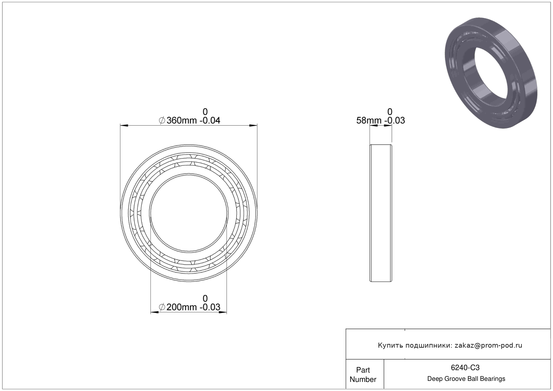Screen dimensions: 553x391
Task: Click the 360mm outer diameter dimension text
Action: click(193, 121)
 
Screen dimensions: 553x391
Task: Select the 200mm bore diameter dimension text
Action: click(193, 307)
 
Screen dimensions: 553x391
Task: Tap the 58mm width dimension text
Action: click(381, 121)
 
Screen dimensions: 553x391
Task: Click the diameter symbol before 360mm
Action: click(162, 121)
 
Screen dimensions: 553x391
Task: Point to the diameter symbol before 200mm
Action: click(162, 307)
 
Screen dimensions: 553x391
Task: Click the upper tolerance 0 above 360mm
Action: click(205, 112)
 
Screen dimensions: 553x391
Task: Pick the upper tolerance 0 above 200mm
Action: click(205, 298)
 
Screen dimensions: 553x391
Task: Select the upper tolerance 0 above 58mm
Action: click(390, 112)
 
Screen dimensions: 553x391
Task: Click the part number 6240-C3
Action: click(465, 367)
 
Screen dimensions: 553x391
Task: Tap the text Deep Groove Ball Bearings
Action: click(466, 379)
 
